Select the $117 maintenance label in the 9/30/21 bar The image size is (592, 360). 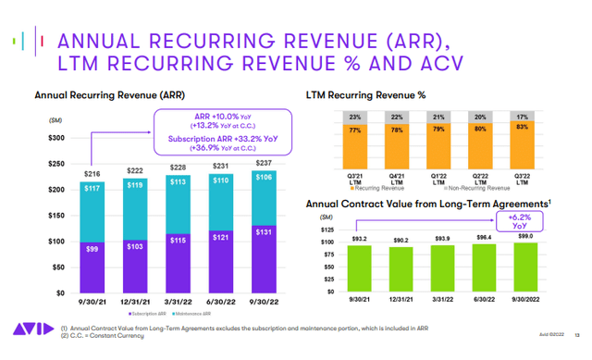(92, 189)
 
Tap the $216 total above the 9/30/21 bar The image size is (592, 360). (92, 173)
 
